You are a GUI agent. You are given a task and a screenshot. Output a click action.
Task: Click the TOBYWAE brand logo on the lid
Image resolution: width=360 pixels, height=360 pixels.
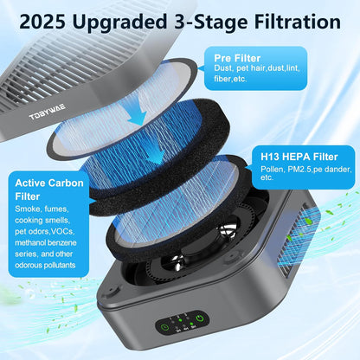click(48, 112)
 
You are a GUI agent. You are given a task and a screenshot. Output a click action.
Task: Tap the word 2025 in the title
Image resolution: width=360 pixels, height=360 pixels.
click(42, 22)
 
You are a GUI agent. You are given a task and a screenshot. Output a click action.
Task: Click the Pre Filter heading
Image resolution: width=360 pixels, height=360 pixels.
click(237, 58)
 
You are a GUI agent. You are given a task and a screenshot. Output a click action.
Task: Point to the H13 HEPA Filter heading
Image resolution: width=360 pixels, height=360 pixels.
click(299, 157)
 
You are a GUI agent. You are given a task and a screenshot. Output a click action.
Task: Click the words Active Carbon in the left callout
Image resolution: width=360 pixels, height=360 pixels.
click(49, 183)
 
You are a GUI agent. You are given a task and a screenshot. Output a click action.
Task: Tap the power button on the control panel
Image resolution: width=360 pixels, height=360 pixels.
click(200, 318)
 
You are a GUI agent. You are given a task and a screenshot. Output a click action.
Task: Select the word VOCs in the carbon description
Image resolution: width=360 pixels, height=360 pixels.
click(63, 232)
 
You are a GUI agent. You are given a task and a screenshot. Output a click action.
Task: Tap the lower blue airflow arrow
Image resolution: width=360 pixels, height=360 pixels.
click(157, 154)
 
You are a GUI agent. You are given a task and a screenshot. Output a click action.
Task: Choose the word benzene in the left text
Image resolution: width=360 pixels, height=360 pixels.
click(61, 243)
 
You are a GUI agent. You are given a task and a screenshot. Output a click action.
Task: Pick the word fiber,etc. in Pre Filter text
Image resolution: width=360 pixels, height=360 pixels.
click(230, 79)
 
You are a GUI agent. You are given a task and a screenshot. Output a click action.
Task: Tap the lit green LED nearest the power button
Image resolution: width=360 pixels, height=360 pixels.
click(191, 324)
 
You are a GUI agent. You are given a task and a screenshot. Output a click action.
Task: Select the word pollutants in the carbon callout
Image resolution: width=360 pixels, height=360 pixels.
click(58, 266)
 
